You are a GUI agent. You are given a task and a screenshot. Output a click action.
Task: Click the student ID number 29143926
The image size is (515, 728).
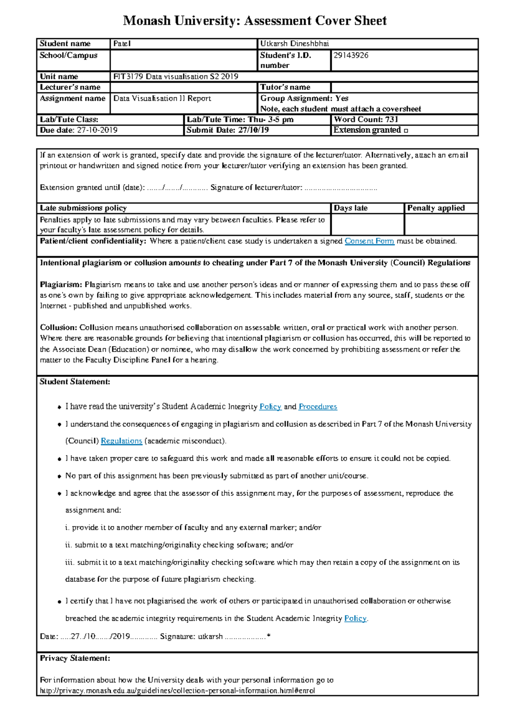tap(351, 55)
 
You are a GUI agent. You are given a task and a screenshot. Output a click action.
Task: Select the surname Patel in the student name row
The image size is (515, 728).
tap(122, 44)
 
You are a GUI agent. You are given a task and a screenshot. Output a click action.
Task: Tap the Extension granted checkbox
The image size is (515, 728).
tap(406, 130)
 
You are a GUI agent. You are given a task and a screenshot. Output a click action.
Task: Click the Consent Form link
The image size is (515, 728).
tap(369, 241)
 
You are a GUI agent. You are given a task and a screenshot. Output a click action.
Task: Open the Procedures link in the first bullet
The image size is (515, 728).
tap(318, 406)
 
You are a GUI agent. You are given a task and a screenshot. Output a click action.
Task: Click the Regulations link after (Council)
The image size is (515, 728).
tap(121, 441)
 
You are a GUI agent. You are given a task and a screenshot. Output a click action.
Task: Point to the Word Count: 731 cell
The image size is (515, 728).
tap(366, 120)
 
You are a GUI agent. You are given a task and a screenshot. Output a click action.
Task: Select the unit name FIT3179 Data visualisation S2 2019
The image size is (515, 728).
tap(176, 77)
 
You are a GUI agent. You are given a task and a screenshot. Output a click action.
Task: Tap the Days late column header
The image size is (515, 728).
tap(351, 208)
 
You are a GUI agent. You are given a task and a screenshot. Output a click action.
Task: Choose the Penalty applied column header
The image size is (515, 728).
tap(436, 208)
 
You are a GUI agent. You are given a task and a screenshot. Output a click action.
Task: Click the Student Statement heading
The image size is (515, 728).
tap(75, 382)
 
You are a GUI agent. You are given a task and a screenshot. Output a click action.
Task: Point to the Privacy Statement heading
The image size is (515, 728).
tap(75, 658)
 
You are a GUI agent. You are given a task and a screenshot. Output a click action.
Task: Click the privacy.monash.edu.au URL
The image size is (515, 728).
tap(177, 691)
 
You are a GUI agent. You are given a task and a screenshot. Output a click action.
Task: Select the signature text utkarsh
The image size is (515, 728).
tap(210, 636)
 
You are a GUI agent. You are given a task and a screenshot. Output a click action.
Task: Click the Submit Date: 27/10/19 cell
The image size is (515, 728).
tap(228, 130)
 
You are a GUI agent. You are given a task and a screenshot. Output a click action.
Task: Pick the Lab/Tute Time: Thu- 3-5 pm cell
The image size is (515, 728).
tap(240, 120)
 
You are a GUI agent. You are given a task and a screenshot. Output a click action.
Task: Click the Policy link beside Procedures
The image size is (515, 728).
tap(270, 406)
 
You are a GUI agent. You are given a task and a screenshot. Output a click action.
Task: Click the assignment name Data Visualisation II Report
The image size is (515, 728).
tap(162, 98)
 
